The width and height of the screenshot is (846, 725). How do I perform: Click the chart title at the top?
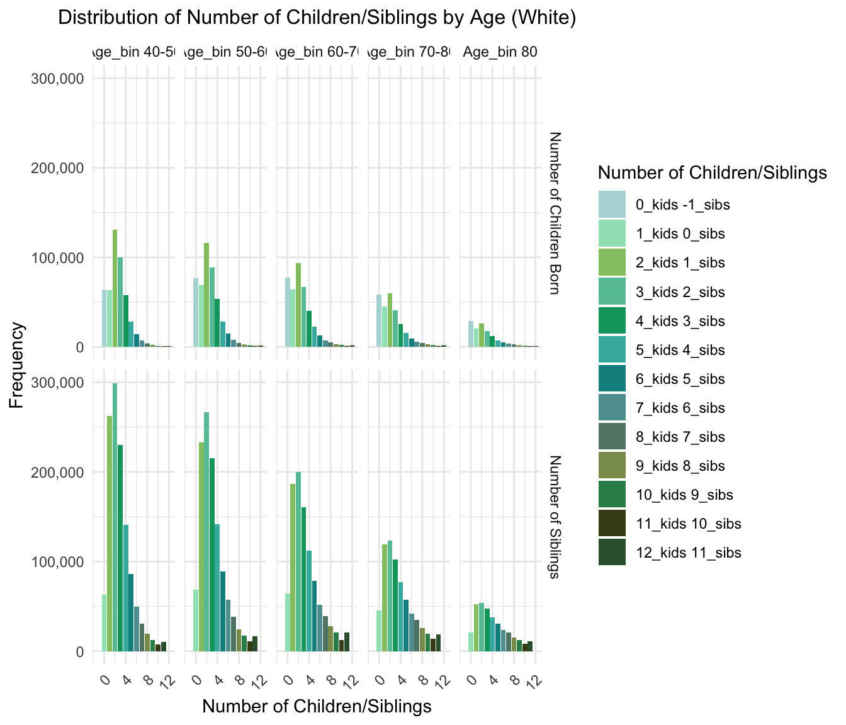[317, 18]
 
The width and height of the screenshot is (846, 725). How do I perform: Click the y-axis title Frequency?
[17, 365]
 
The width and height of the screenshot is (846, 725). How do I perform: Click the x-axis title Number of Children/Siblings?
[317, 707]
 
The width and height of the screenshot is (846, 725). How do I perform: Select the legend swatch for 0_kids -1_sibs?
[612, 205]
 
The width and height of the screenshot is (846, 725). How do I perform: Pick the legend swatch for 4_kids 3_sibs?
[612, 321]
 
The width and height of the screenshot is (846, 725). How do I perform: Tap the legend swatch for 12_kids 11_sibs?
[612, 553]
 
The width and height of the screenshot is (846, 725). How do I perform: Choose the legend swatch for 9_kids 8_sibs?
[612, 466]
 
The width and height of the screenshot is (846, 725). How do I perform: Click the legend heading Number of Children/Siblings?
[711, 173]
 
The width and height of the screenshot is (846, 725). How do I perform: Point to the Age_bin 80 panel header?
[500, 52]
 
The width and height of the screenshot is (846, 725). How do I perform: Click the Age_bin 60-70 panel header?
[317, 52]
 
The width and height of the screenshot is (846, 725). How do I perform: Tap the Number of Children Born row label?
[554, 213]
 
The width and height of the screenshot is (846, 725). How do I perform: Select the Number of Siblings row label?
[554, 517]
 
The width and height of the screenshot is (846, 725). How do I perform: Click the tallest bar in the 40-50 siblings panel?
[115, 516]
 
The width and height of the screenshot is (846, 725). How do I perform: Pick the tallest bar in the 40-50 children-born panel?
[115, 288]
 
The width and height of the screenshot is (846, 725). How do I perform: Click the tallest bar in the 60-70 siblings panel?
[298, 561]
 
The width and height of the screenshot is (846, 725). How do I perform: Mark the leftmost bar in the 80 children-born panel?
[470, 334]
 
